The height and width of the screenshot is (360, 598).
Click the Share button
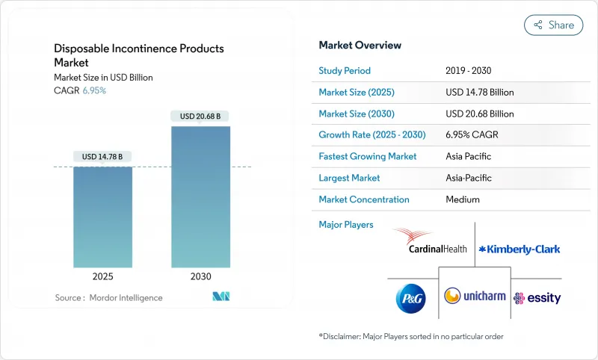pyautogui.click(x=554, y=25)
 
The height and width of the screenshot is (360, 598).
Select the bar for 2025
pyautogui.click(x=103, y=217)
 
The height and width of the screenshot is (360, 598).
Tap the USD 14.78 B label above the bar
pyautogui.click(x=103, y=156)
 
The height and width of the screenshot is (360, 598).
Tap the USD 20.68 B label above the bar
pyautogui.click(x=200, y=116)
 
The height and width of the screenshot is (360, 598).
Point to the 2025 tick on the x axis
pyautogui.click(x=103, y=276)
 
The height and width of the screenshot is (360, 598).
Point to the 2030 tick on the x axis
pyautogui.click(x=200, y=276)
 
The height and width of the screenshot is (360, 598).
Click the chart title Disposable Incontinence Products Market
pyautogui.click(x=138, y=55)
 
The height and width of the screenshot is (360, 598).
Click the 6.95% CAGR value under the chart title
pyautogui.click(x=93, y=90)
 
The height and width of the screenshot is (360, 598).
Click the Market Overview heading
pyautogui.click(x=360, y=45)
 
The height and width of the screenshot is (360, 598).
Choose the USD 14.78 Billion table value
pyautogui.click(x=479, y=93)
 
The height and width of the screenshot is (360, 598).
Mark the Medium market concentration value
pyautogui.click(x=463, y=199)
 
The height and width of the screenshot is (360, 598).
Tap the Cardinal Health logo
pyautogui.click(x=425, y=240)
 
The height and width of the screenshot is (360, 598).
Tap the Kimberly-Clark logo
pyautogui.click(x=519, y=249)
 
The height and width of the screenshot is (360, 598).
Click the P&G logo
pyautogui.click(x=410, y=297)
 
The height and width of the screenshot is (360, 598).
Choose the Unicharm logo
pyautogui.click(x=475, y=296)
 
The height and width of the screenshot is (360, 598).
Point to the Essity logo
pyautogui.click(x=537, y=298)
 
